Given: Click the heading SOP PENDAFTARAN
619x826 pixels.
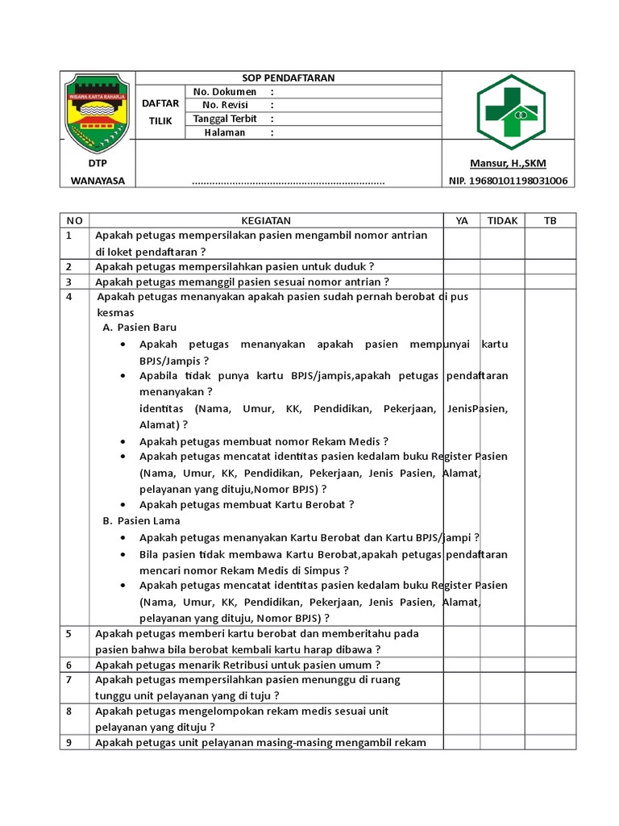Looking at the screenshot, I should point(289,78).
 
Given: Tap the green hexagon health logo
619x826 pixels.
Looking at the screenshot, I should point(509,112).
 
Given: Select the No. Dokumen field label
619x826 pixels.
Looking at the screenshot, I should point(225,92).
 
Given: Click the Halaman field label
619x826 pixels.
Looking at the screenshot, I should point(225,132).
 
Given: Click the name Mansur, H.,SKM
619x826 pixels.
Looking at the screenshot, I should point(508,164).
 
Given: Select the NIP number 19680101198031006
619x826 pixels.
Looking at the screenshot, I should point(508,181).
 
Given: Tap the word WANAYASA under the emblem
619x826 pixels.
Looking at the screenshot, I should point(98,181).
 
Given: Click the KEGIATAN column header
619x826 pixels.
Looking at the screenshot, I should point(266,220).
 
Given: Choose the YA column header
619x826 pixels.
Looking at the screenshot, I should point(461,220).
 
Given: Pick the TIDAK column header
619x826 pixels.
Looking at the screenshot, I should point(502,220).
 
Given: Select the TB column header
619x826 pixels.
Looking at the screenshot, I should point(550,220).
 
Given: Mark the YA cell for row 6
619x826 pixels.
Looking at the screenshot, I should point(461,665).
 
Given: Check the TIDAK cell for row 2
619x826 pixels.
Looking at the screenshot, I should point(502,266).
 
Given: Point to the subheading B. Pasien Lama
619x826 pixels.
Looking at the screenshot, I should point(140,521).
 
